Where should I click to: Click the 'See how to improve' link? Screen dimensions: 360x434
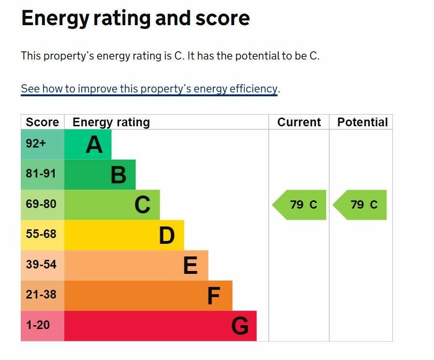[149, 89]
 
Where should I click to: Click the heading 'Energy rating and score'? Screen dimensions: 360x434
[135, 18]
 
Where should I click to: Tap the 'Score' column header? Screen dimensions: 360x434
[42, 122]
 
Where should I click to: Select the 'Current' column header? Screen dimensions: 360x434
[299, 122]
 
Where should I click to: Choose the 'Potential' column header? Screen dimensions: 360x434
[362, 122]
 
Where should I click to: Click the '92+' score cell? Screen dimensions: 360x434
[36, 144]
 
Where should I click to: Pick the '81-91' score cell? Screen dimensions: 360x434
[41, 174]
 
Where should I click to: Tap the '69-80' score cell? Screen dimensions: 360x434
[41, 204]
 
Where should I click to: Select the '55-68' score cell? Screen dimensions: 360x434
[41, 234]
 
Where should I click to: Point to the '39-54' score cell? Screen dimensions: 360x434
[41, 265]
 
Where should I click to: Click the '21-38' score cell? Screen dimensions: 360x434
[41, 295]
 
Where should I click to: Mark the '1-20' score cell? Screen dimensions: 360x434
[38, 325]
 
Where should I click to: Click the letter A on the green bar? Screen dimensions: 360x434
[94, 145]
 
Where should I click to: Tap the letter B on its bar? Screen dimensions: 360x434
[119, 175]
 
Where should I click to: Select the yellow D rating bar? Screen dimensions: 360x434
[124, 235]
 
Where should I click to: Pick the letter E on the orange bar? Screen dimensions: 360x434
[190, 266]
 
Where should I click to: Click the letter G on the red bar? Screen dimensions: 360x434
[240, 326]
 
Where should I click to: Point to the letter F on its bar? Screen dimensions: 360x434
[213, 296]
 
